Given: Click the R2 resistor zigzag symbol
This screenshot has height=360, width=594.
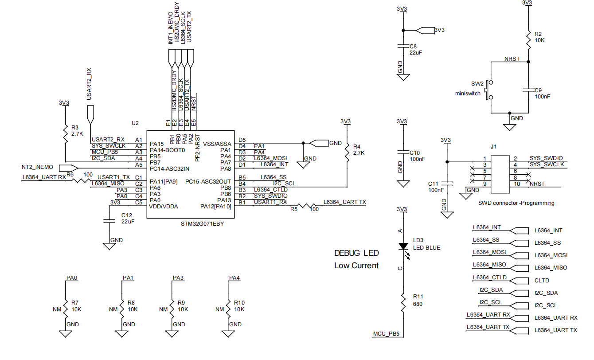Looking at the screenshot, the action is pyautogui.click(x=528, y=40).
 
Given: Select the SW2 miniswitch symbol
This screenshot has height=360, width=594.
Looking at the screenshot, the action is pyautogui.click(x=489, y=90).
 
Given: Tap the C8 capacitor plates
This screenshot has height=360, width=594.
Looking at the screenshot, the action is pyautogui.click(x=403, y=46).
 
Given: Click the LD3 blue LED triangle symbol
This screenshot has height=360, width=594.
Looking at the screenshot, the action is pyautogui.click(x=403, y=247).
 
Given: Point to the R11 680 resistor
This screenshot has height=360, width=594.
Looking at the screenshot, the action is pyautogui.click(x=403, y=303).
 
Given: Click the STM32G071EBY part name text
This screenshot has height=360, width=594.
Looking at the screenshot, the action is pyautogui.click(x=202, y=223).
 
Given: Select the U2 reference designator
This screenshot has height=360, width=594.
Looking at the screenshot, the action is pyautogui.click(x=135, y=123).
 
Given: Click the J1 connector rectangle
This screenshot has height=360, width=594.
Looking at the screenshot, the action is pyautogui.click(x=500, y=174).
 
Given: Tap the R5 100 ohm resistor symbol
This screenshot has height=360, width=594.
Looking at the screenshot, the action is pyautogui.click(x=306, y=206).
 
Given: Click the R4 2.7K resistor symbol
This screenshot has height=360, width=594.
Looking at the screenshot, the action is pyautogui.click(x=347, y=153).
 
